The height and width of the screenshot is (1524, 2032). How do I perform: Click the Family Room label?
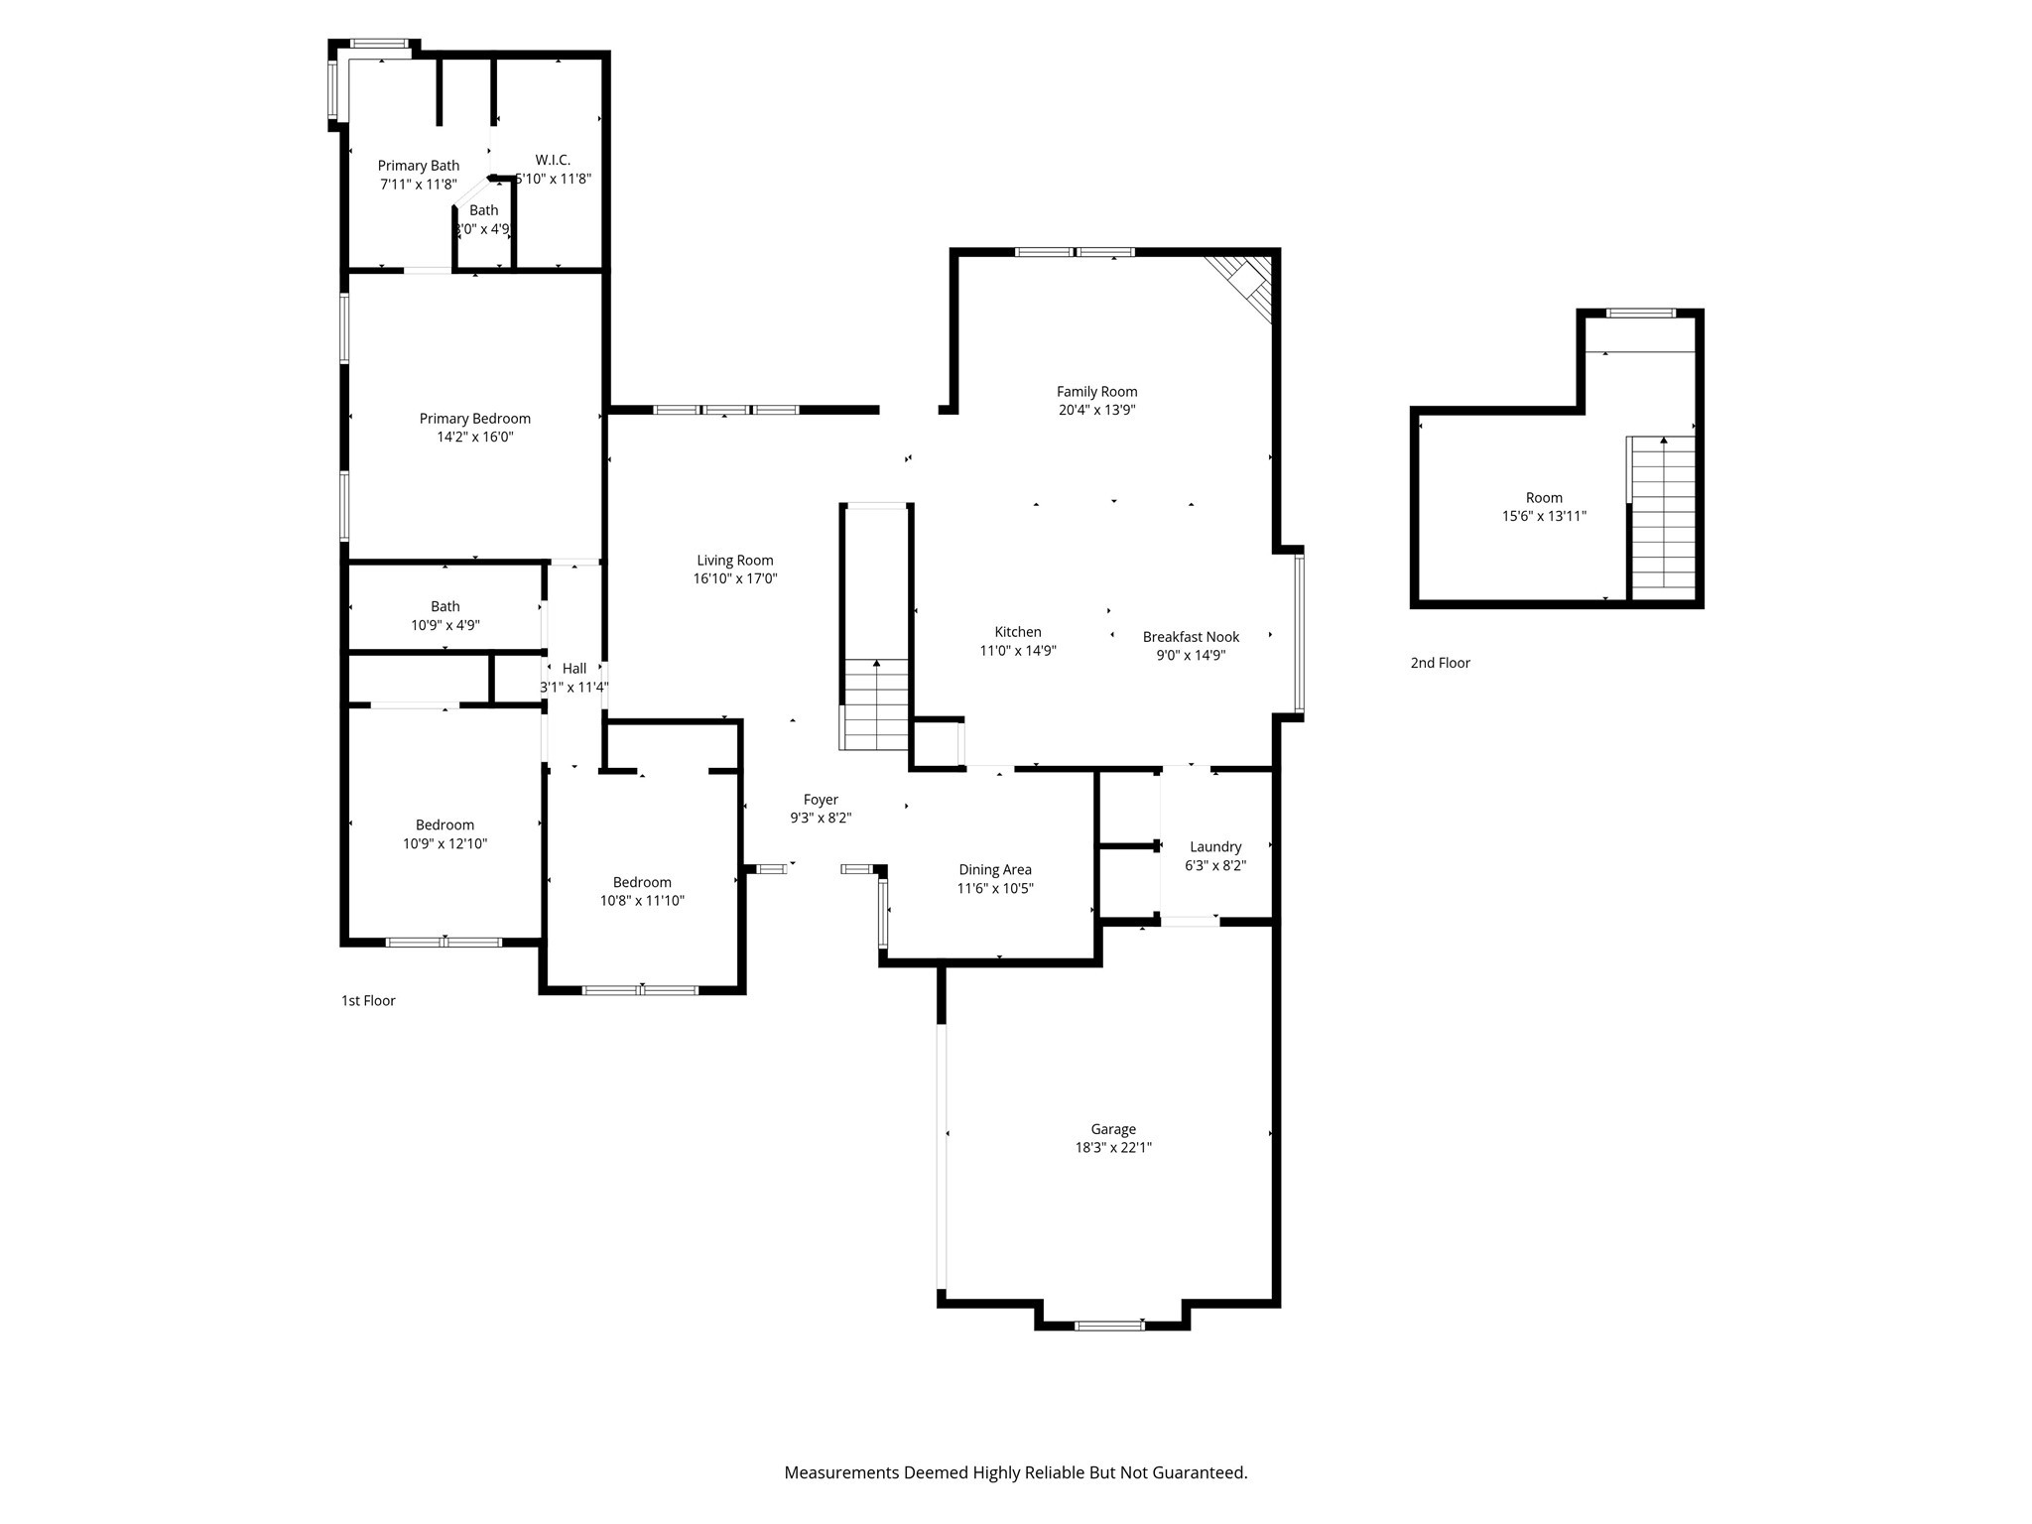click(1096, 392)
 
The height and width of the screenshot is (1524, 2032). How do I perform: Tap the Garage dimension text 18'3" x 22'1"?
click(1113, 1148)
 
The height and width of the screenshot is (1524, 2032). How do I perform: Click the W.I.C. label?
click(553, 160)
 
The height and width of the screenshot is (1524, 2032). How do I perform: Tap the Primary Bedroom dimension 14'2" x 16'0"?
click(475, 437)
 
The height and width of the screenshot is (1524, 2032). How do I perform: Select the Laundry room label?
click(1215, 846)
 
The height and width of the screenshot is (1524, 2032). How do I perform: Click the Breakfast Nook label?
click(1191, 637)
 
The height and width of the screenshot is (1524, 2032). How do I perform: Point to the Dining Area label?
click(995, 870)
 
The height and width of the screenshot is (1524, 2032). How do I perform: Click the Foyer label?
click(821, 800)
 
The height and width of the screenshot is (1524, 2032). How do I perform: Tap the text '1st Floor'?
click(368, 1000)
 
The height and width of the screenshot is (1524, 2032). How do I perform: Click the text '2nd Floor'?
click(1440, 663)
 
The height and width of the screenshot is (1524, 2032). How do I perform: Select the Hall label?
click(574, 669)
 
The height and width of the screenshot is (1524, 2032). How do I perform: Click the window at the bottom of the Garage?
click(1109, 1325)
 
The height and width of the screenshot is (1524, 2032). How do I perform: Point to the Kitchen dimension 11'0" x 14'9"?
click(1018, 651)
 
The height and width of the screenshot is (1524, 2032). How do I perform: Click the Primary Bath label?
click(418, 166)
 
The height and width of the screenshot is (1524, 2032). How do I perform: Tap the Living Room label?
click(734, 561)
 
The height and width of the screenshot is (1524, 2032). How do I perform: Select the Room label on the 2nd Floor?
click(1544, 498)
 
